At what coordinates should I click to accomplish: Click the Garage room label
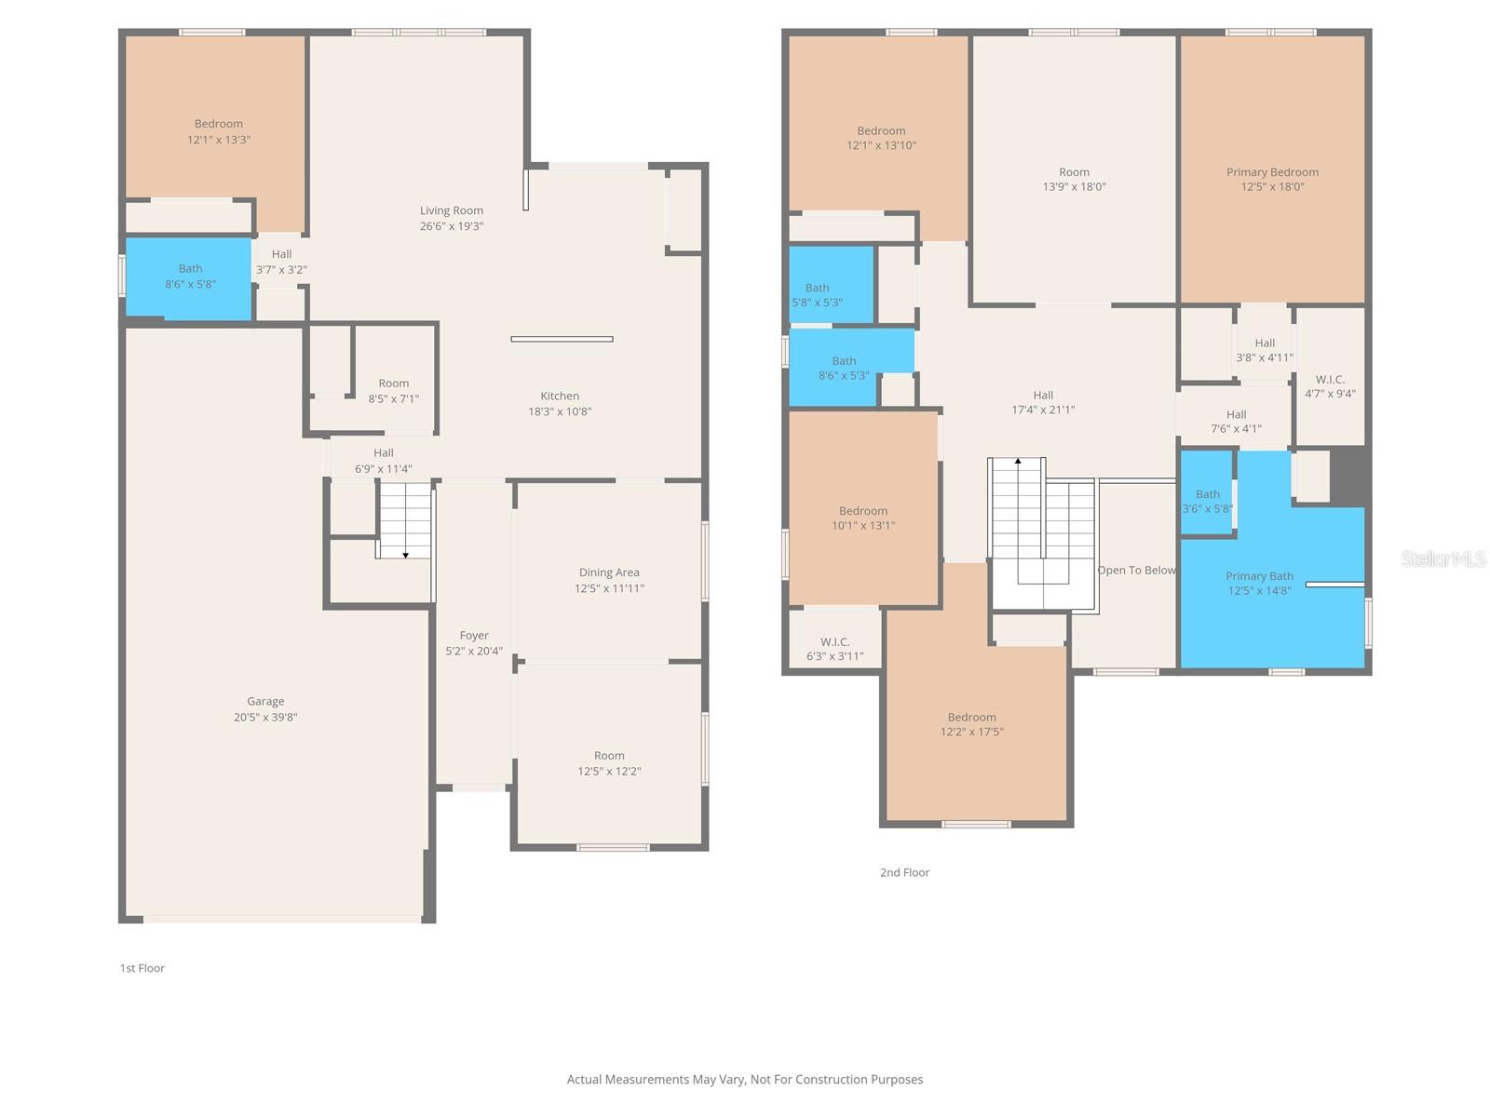coord(264,701)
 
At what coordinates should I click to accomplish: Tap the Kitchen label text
coord(560,397)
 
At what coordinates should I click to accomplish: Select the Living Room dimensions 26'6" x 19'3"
coord(452,226)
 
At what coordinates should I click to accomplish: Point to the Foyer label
coord(474,636)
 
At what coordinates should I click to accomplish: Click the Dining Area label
coord(609,572)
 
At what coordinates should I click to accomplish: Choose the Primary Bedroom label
coord(1272,172)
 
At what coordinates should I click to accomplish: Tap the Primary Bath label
coord(1259,576)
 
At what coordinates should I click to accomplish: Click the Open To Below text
coord(1136,571)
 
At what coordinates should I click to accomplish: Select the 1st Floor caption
coord(142,968)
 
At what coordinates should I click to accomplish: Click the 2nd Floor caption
coord(904,872)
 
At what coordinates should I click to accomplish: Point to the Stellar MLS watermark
coord(1443,558)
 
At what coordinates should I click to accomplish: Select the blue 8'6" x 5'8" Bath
coord(189,276)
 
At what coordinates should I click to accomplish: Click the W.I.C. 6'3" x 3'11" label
coord(835,649)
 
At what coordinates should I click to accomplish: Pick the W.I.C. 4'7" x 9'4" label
coord(1330,386)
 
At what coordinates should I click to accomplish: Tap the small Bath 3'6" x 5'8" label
coord(1207,501)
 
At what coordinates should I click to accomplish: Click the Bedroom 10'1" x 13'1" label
coord(862,518)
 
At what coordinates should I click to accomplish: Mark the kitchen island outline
coord(562,339)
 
